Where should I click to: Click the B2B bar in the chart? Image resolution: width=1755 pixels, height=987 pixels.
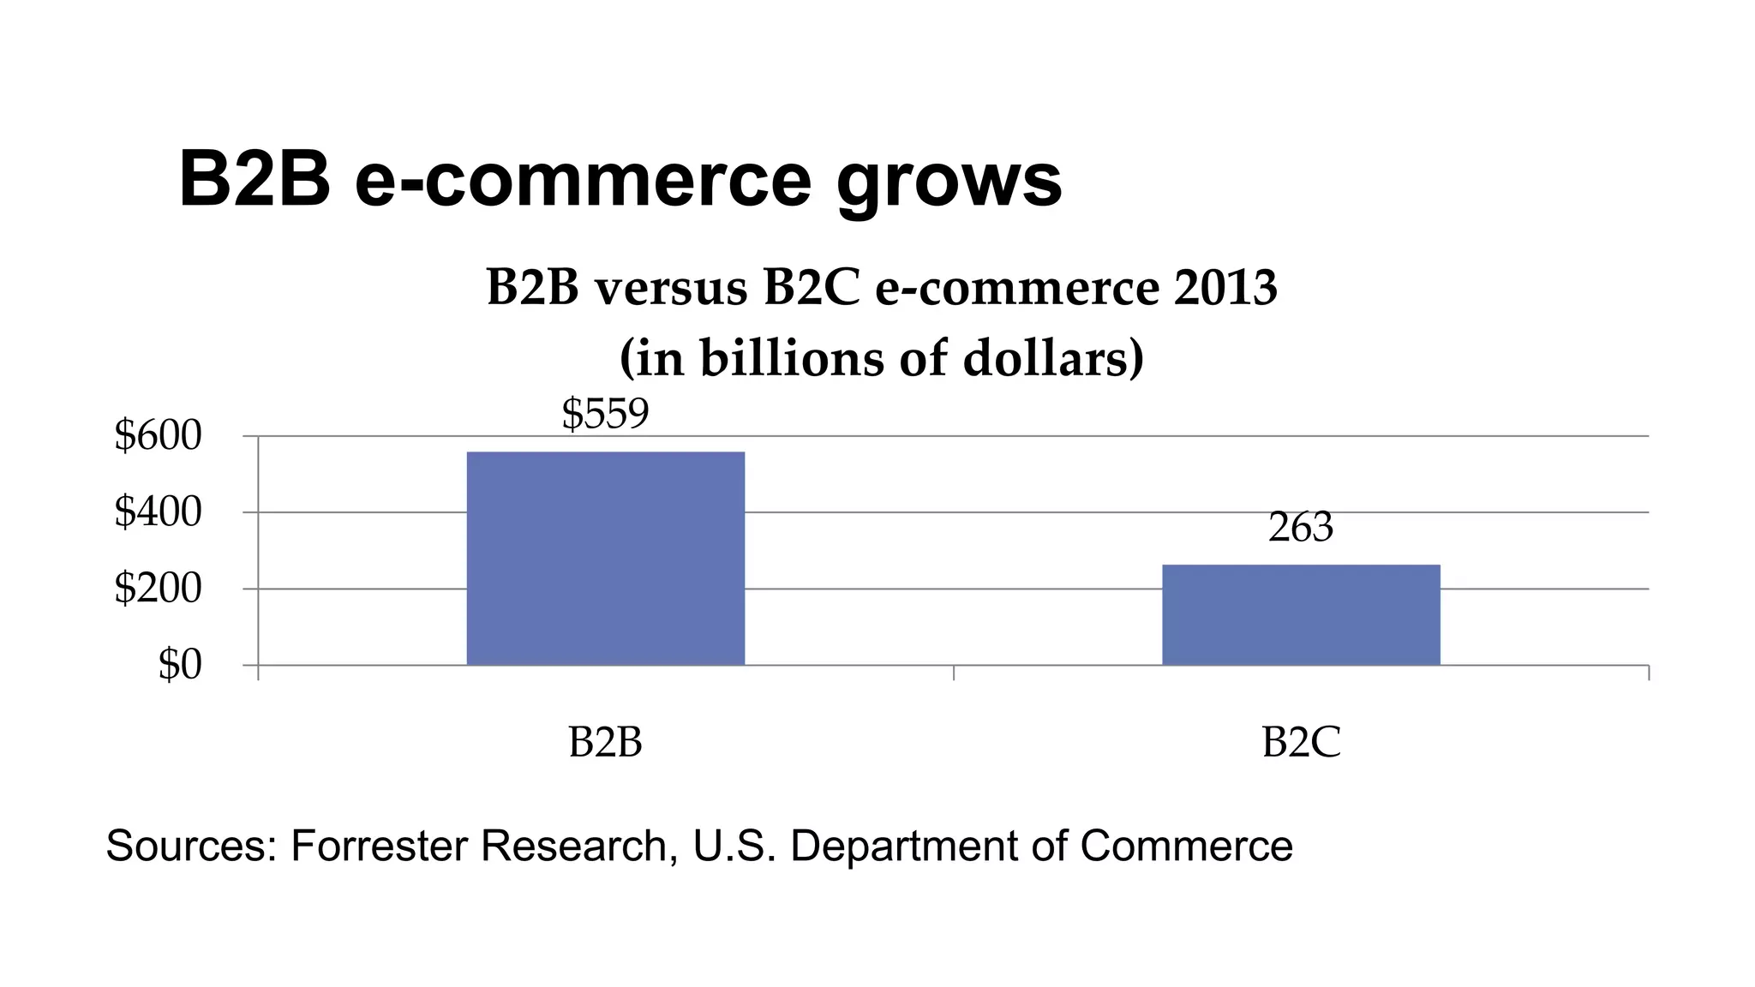pyautogui.click(x=605, y=558)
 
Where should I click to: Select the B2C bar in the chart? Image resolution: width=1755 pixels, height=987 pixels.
pyautogui.click(x=1301, y=614)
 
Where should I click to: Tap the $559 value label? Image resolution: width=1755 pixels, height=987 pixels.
pyautogui.click(x=605, y=414)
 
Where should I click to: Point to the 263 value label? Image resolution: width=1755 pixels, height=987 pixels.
pyautogui.click(x=1301, y=528)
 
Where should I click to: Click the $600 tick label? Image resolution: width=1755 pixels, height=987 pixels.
pyautogui.click(x=158, y=436)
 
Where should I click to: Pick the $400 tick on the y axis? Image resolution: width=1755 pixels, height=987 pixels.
pyautogui.click(x=158, y=512)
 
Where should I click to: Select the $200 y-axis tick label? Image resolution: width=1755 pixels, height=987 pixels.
pyautogui.click(x=158, y=589)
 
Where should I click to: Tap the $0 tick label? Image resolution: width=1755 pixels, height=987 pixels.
pyautogui.click(x=179, y=665)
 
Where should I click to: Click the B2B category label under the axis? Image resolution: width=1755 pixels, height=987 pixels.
pyautogui.click(x=605, y=742)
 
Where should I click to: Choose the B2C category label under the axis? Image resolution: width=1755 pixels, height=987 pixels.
pyautogui.click(x=1301, y=742)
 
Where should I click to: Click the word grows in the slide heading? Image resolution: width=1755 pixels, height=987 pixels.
pyautogui.click(x=949, y=182)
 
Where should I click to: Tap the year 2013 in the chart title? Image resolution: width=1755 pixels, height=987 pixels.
pyautogui.click(x=1225, y=288)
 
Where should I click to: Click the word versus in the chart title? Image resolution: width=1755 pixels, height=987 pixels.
pyautogui.click(x=671, y=289)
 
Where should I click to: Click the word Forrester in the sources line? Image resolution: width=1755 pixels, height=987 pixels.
pyautogui.click(x=381, y=846)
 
